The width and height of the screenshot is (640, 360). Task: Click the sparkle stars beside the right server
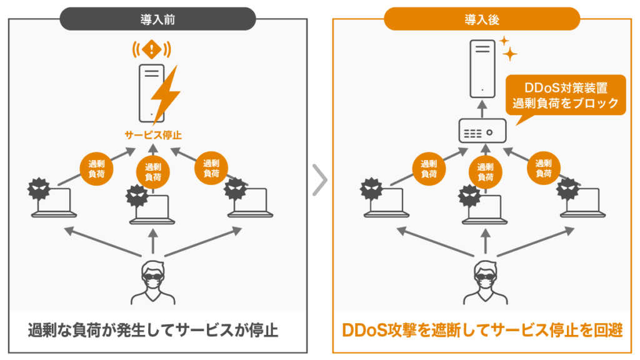click(x=508, y=48)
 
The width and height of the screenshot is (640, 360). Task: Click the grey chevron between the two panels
click(x=319, y=180)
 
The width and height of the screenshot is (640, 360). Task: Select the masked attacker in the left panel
click(x=153, y=281)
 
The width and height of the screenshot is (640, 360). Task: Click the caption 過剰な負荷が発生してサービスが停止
click(x=153, y=329)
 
